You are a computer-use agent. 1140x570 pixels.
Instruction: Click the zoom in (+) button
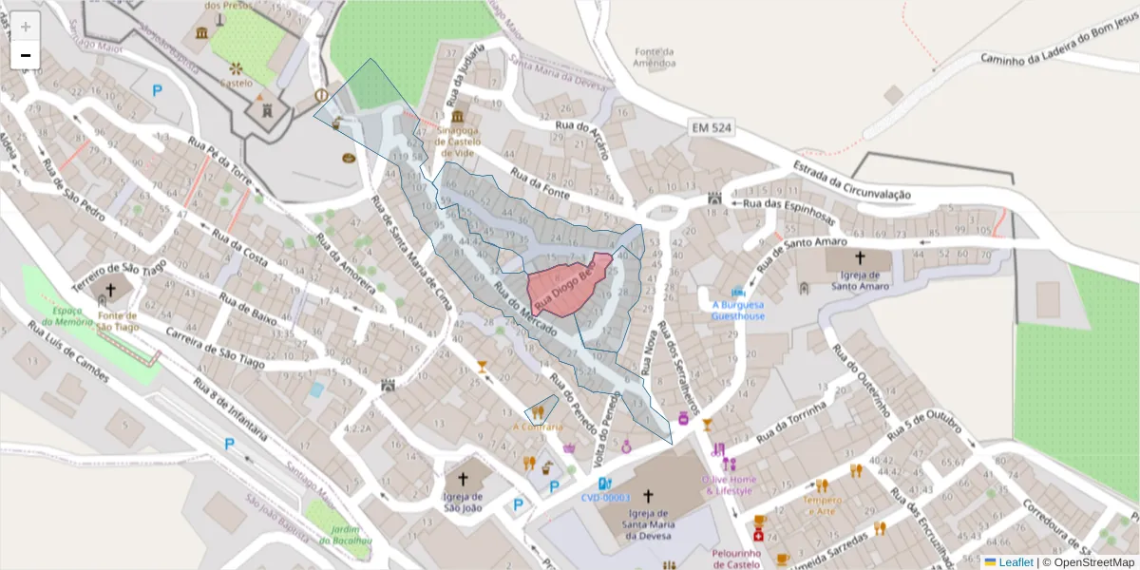[26, 27]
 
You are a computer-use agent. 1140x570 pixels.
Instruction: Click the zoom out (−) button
[26, 55]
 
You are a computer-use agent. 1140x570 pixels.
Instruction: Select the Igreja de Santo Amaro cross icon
[860, 257]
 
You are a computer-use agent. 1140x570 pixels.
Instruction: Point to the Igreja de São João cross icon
[464, 480]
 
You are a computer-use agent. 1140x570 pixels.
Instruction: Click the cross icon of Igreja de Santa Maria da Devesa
[649, 496]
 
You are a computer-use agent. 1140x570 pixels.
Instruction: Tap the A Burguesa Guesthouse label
[738, 311]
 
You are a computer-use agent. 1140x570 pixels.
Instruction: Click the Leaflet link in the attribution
[1015, 562]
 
